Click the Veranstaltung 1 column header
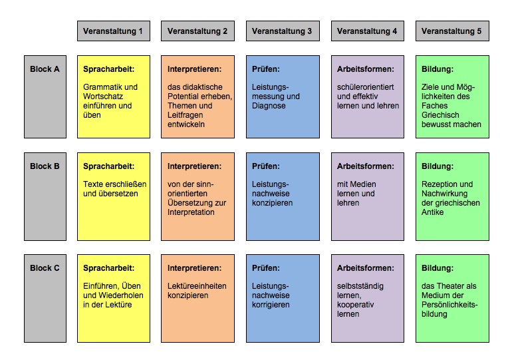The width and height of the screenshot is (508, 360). [114, 31]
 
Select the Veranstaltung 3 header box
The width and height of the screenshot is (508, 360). [283, 31]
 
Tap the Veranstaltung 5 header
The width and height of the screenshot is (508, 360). [453, 31]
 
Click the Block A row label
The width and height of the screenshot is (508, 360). [45, 96]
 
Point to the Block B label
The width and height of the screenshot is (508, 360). [45, 196]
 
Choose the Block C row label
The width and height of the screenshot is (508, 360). [45, 298]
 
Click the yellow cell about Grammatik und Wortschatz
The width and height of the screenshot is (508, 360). [114, 96]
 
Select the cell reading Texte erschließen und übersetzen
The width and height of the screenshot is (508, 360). [114, 196]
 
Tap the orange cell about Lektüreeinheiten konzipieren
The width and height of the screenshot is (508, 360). [198, 298]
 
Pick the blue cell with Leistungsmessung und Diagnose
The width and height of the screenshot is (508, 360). [283, 96]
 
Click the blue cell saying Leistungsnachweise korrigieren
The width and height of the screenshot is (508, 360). [283, 298]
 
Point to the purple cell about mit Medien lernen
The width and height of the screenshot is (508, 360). [368, 196]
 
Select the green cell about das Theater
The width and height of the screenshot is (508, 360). [453, 298]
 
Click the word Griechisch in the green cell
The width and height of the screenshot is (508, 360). [440, 115]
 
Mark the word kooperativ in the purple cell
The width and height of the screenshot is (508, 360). [356, 305]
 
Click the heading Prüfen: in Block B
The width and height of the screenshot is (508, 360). [266, 166]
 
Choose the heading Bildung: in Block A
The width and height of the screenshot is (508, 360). [438, 69]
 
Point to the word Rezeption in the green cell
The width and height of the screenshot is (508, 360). [438, 184]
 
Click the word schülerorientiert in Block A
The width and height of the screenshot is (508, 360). [366, 87]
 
